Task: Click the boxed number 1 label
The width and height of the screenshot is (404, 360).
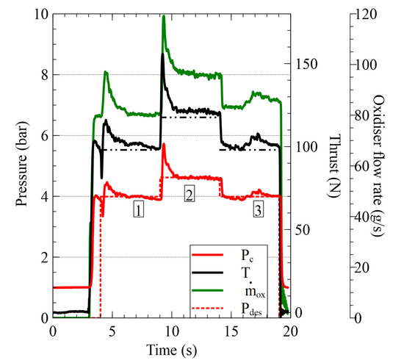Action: pos(138,210)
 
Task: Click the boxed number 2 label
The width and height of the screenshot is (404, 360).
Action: pos(190,195)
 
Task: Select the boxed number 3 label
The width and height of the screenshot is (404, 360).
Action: pos(258,210)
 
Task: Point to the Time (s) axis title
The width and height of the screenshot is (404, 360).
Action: pos(170,350)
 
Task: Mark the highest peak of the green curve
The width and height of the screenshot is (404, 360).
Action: pos(163,16)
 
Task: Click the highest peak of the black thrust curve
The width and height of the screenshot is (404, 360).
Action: pos(162,54)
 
